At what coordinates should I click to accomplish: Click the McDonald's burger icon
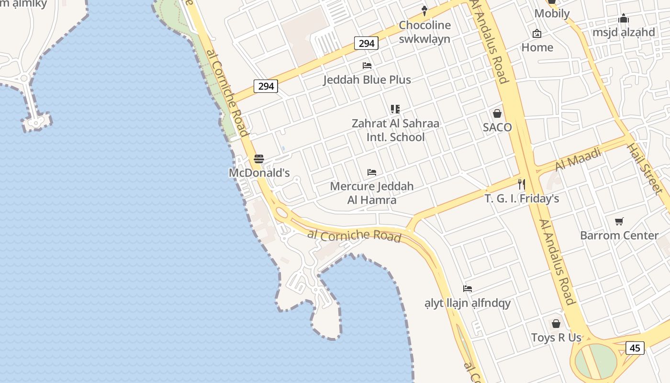pos(259,159)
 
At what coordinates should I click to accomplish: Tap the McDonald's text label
pos(259,173)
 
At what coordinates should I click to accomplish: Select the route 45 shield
pos(635,348)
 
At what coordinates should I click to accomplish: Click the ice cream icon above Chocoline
pos(424,11)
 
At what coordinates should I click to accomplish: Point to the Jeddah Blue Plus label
pos(367,79)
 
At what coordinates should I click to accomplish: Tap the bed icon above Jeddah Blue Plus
pos(367,66)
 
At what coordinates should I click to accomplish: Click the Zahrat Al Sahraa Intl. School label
pos(395,130)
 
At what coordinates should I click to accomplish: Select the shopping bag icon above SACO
pos(497,113)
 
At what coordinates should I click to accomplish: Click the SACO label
pos(497,127)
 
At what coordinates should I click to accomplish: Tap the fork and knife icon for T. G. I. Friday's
pos(522,184)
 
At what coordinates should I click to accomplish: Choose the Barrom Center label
pos(619,236)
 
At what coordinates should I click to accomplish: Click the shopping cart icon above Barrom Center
pos(619,221)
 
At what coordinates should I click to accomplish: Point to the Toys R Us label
pos(556,338)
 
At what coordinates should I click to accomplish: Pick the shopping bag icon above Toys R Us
pos(556,324)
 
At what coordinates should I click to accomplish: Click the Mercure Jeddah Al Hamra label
pos(372,193)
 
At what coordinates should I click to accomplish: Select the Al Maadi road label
pos(578,159)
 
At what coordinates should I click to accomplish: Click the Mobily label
pos(552,13)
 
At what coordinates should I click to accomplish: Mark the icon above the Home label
pos(537,34)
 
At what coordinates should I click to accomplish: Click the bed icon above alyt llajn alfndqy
pos(468,289)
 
